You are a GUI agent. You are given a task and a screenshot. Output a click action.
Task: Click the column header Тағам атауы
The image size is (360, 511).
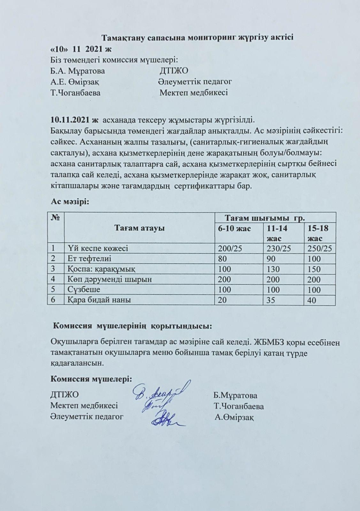(140, 229)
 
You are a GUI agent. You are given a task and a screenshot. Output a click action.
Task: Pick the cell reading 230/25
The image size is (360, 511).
(276, 248)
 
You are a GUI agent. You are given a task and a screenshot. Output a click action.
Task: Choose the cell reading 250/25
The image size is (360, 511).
(318, 248)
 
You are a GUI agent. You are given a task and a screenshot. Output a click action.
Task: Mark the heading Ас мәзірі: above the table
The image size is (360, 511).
(70, 202)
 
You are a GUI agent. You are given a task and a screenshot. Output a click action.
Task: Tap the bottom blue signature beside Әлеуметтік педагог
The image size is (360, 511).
(166, 420)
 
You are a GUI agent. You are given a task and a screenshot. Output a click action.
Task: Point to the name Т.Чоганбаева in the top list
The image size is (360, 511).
(75, 93)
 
